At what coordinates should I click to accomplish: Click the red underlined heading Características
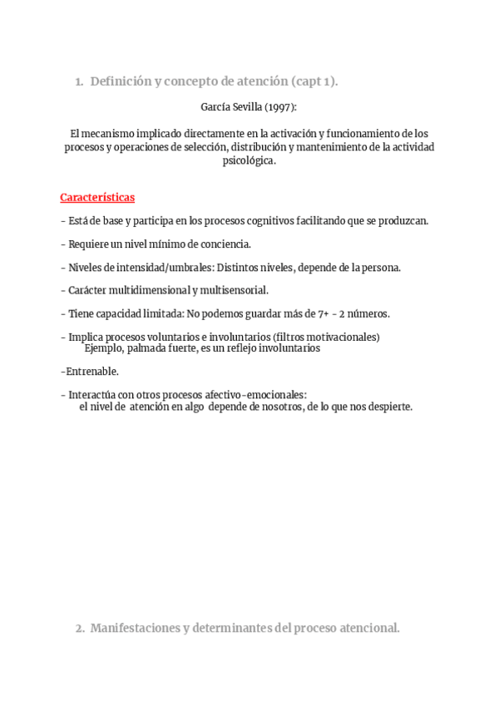(97, 198)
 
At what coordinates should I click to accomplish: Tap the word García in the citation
(217, 107)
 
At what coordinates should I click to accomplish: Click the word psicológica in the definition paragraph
(248, 160)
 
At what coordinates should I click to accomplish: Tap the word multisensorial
(235, 290)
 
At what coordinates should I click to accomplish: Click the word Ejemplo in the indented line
(104, 348)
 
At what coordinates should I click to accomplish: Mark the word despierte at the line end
(389, 407)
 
